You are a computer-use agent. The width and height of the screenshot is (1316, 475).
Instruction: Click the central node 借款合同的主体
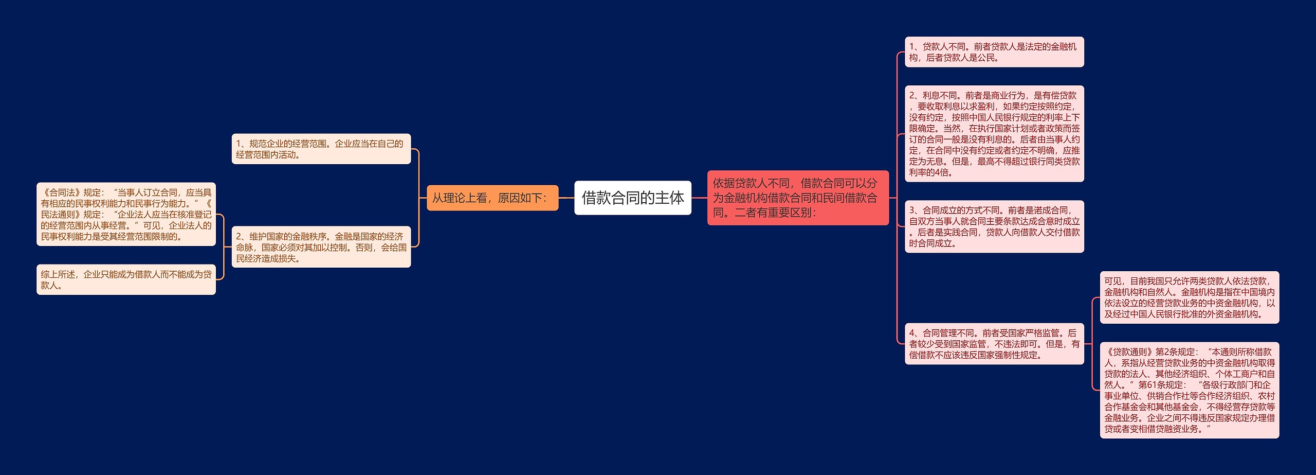click(632, 198)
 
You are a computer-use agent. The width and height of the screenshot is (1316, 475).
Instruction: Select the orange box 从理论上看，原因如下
click(492, 198)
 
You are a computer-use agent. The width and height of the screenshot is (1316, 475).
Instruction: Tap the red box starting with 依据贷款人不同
click(797, 198)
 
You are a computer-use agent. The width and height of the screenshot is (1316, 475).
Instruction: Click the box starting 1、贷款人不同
click(994, 52)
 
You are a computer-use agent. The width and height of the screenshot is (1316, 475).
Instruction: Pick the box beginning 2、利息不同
click(994, 134)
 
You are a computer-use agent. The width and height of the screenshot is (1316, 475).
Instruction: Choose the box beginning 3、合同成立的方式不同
click(994, 226)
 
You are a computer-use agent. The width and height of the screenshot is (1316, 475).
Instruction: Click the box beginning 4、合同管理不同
click(994, 344)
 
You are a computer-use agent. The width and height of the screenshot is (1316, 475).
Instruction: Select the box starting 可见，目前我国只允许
click(1189, 297)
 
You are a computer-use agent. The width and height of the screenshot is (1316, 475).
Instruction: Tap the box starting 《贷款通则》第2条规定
click(1189, 390)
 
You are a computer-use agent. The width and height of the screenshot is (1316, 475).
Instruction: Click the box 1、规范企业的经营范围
click(321, 149)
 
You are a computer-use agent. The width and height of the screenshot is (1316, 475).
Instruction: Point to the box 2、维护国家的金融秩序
click(321, 247)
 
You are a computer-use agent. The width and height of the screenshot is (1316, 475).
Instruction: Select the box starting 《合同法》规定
click(126, 214)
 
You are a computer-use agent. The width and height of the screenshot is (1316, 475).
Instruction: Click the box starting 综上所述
click(126, 279)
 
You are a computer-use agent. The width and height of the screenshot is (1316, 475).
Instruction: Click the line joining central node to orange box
click(566, 198)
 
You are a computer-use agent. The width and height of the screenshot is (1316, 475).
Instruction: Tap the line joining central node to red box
click(699, 198)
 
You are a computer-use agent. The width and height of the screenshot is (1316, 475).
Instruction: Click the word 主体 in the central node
click(670, 198)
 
